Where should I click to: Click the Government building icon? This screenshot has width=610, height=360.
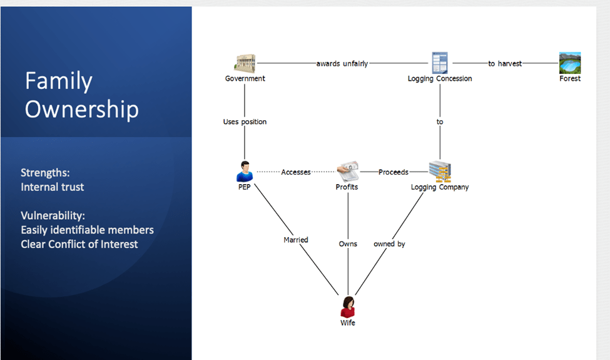tap(245, 63)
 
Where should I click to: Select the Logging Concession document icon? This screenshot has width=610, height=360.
tap(440, 63)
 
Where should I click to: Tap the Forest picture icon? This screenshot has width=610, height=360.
tap(570, 63)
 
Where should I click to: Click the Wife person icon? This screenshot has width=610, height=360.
tap(348, 307)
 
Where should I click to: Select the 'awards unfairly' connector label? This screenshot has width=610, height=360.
tap(342, 64)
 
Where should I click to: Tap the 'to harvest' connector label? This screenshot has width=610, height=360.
tap(505, 64)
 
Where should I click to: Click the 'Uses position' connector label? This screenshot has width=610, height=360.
tap(245, 121)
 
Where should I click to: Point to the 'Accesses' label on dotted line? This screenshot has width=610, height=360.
tap(296, 172)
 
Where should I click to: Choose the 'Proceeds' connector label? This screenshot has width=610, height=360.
tap(393, 172)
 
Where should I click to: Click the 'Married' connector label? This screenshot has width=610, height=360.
tap(296, 240)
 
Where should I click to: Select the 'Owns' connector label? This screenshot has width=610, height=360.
tap(348, 244)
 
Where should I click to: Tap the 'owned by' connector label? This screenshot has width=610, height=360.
tap(389, 244)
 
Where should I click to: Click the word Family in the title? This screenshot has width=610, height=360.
tap(59, 81)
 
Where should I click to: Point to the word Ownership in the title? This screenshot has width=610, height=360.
tap(81, 109)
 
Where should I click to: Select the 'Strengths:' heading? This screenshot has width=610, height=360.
tap(45, 173)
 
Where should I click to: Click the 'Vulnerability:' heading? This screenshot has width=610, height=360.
tap(53, 216)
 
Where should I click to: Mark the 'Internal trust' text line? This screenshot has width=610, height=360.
tap(53, 187)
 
